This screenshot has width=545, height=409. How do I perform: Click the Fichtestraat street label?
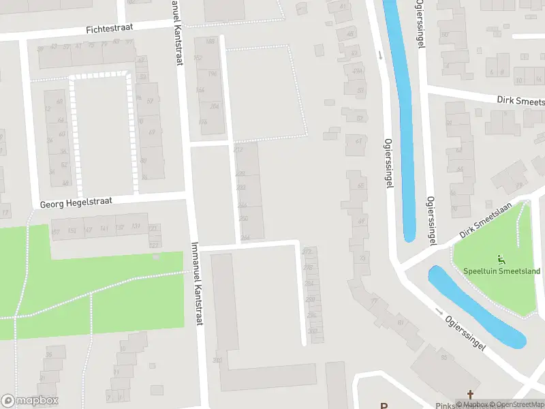(109, 29)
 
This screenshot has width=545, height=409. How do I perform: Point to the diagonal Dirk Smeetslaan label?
(485, 224)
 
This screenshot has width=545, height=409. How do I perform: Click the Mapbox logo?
(30, 401)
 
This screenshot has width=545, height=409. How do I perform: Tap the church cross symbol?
(469, 395)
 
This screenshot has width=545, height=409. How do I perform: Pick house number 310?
(217, 360)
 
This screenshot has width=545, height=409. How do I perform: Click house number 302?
(313, 331)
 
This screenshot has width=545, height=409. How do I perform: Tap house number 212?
(238, 149)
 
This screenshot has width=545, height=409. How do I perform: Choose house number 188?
(210, 42)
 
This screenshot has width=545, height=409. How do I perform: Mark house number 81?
(400, 322)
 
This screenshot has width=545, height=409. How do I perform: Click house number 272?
(307, 252)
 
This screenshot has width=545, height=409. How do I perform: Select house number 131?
(136, 227)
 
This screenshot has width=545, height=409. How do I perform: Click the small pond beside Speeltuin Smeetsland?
(476, 307)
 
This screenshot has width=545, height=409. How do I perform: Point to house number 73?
(362, 259)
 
